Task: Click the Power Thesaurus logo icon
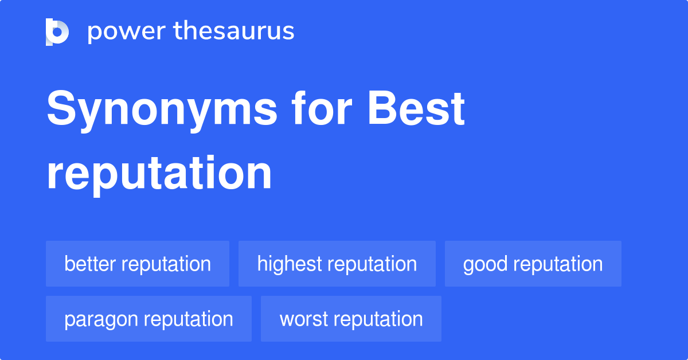point(57,32)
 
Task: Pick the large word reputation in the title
point(159,173)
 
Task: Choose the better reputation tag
point(138,264)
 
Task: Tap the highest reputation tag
point(337,264)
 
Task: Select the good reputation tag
point(533,264)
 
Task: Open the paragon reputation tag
point(148,319)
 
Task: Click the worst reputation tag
point(351,319)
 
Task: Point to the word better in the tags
point(91,264)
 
